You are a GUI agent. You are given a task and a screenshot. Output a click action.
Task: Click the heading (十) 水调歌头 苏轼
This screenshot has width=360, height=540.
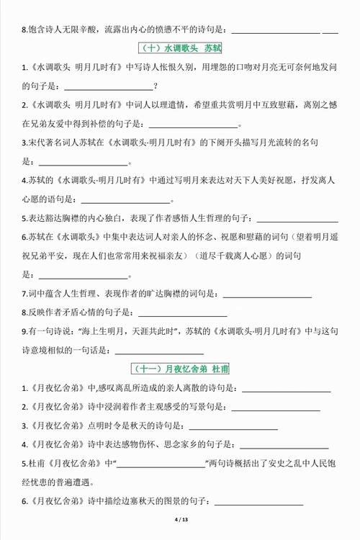(180, 49)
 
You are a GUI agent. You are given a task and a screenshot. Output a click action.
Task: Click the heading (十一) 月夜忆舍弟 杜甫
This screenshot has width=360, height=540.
(180, 369)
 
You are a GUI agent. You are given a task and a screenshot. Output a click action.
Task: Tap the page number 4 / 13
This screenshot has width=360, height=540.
(180, 520)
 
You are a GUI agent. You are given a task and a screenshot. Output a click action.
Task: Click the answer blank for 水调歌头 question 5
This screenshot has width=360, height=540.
(297, 218)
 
